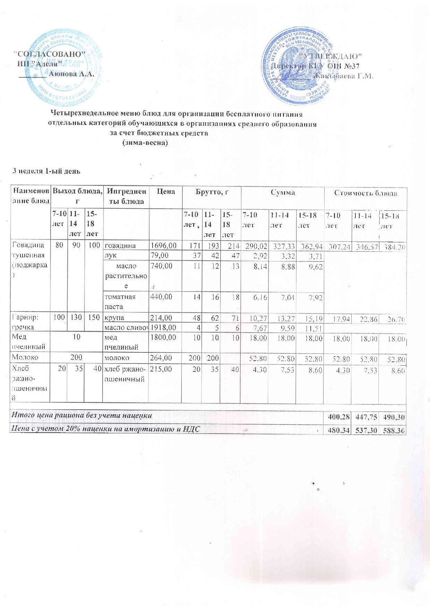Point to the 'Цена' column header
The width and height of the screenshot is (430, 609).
[166, 192]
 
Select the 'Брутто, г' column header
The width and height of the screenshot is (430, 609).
[212, 192]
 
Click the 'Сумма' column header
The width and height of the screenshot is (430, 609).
[282, 192]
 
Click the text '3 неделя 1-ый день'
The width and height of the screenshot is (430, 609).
[46, 171]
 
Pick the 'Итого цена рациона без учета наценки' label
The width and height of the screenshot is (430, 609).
[82, 415]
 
